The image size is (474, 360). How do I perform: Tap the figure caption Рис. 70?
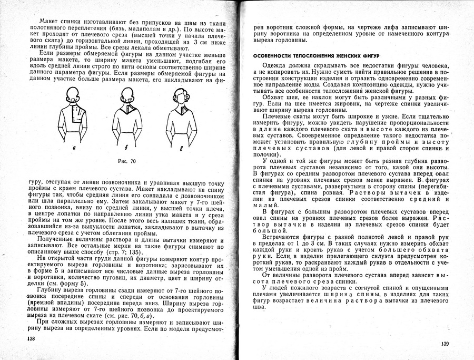tap(125, 160)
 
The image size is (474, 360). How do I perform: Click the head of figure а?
tap(74, 95)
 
